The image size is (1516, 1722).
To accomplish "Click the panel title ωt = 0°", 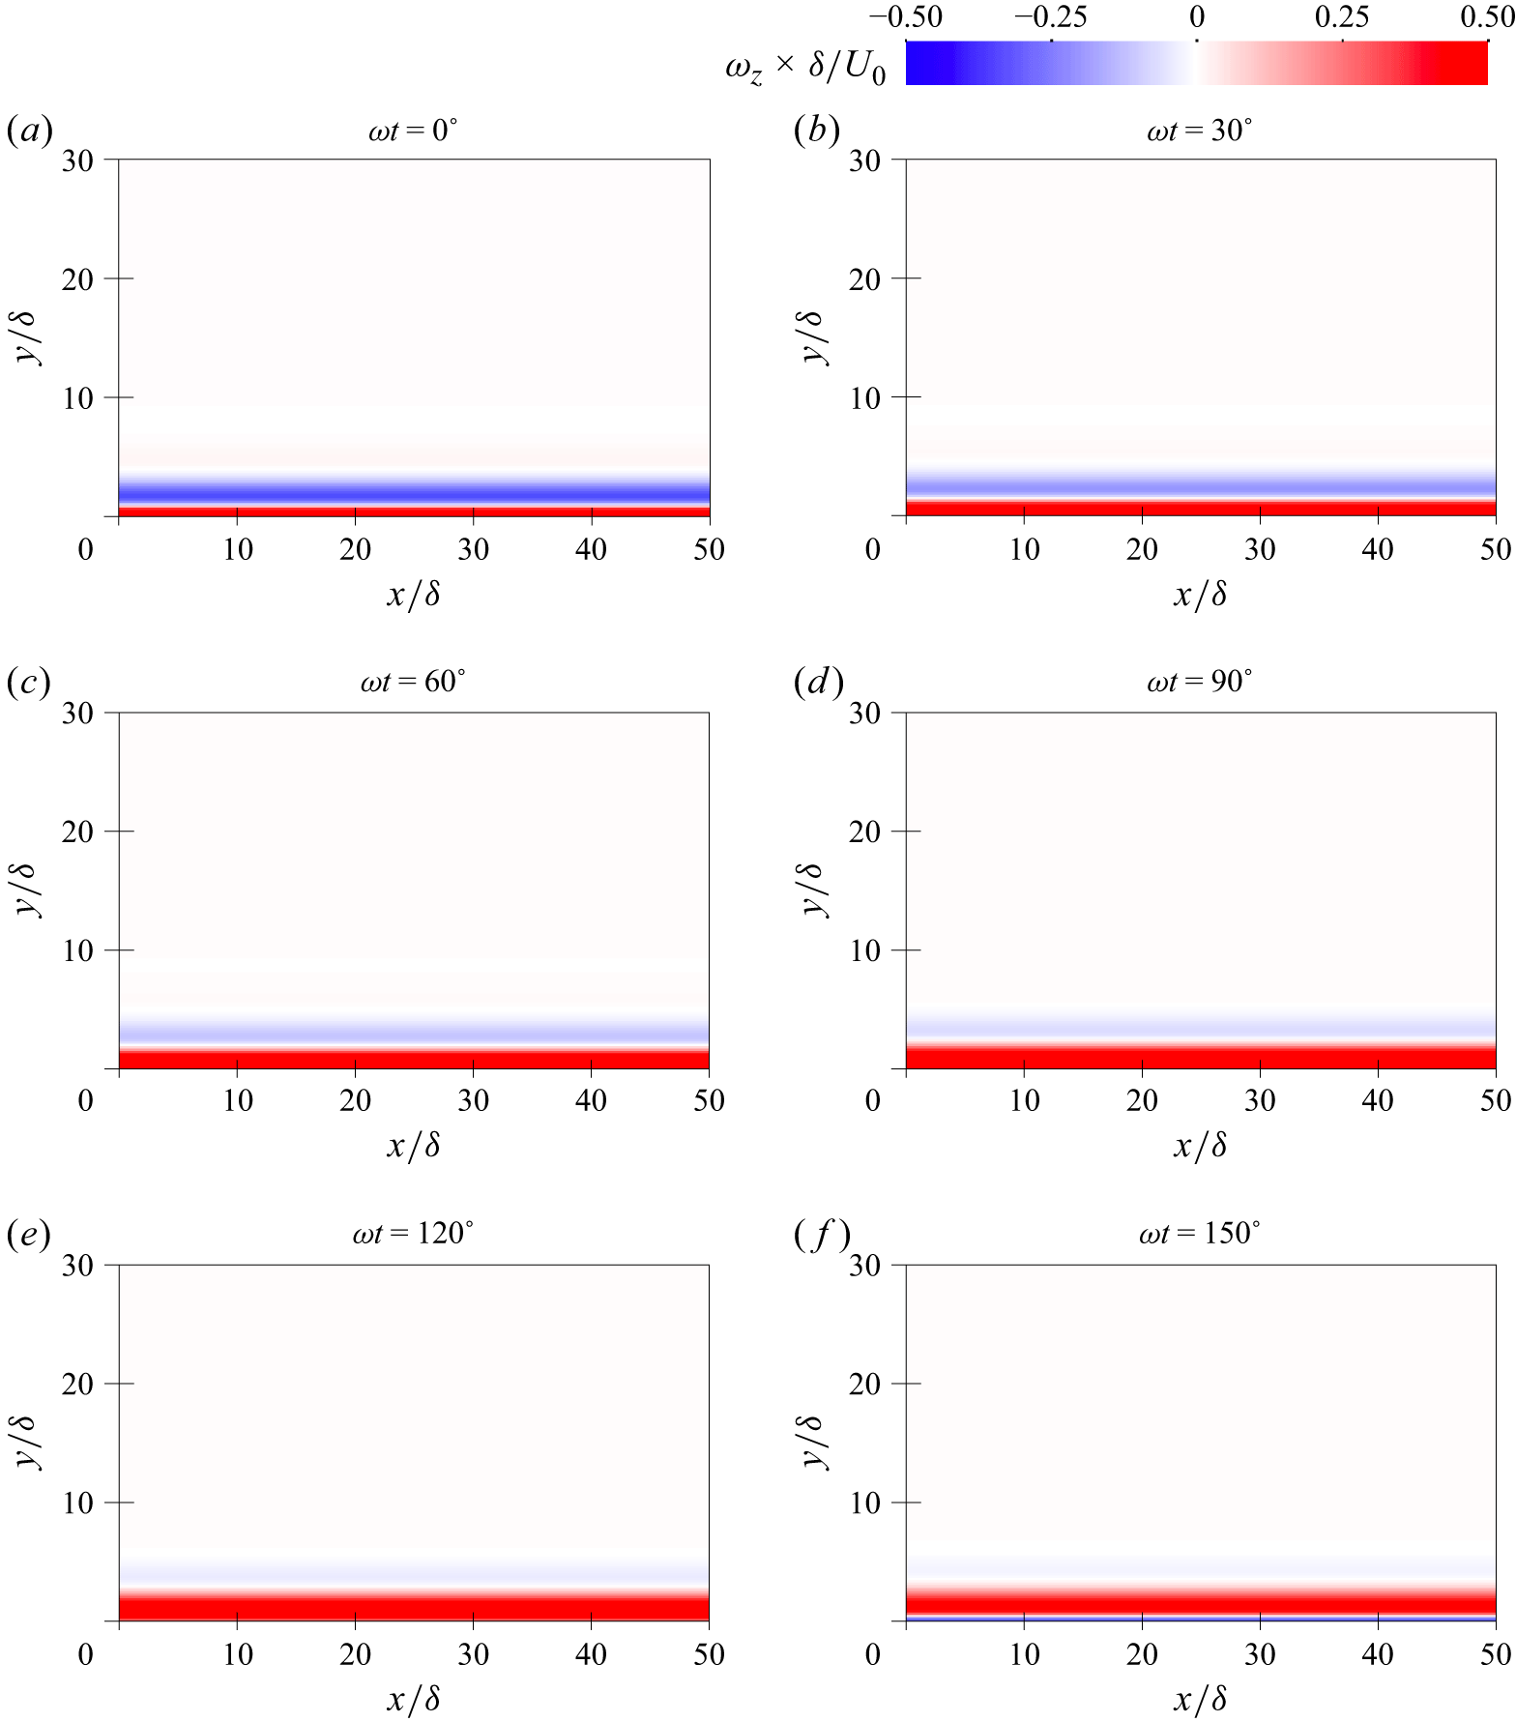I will point(413,131).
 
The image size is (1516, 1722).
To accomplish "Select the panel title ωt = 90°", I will point(1199,683).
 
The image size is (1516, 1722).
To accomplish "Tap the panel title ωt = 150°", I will point(1199,1234).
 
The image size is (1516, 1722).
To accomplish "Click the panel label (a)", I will point(29,130).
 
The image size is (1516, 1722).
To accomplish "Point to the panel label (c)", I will point(28,683).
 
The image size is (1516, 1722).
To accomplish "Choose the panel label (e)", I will point(28,1234).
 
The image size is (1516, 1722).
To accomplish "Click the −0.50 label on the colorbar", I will point(906,16).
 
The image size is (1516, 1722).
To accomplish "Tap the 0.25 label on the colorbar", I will point(1342,16).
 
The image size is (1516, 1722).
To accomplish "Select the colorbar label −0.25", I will point(1051,16).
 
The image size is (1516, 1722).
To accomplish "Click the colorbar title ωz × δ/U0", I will point(804,68).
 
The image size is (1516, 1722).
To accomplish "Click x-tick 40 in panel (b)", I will point(1378,550).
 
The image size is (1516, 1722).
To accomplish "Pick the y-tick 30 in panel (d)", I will point(865,714).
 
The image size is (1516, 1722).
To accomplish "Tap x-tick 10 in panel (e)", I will point(238,1654).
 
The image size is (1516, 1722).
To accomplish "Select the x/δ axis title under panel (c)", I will point(414,1147).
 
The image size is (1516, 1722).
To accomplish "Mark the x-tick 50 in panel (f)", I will point(1495,1654).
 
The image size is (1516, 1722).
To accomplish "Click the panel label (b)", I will point(816,130).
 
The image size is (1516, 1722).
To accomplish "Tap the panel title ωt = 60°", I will point(413,683).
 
